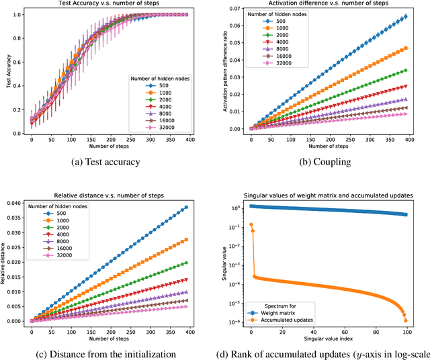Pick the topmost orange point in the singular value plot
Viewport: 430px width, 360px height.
click(x=251, y=224)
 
